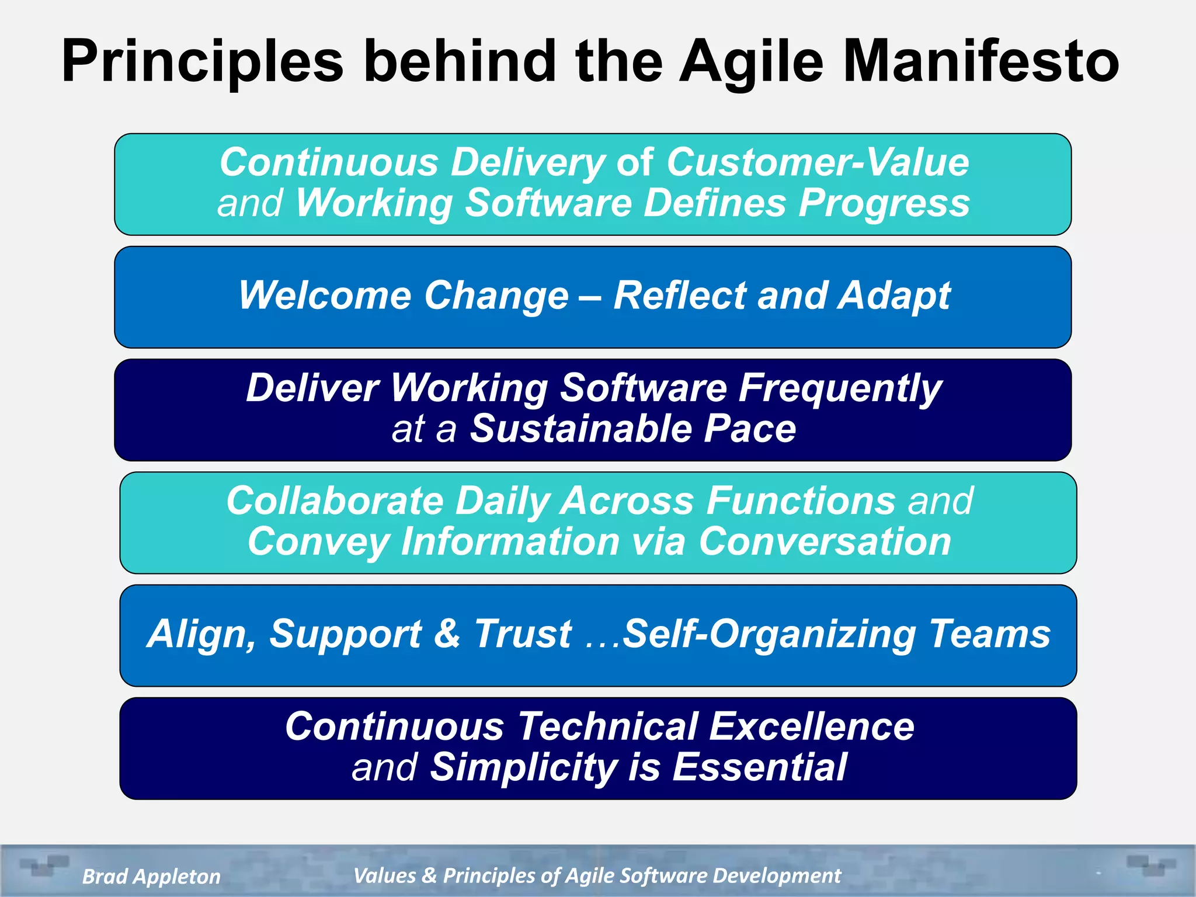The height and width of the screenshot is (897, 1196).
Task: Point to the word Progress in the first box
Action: pos(884,203)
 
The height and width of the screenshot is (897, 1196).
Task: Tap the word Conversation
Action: pos(825,541)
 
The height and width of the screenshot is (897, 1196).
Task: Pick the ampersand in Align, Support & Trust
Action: pos(447,634)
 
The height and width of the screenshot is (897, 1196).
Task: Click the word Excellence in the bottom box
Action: pos(812,726)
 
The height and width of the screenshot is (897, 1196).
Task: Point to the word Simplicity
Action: pos(523,767)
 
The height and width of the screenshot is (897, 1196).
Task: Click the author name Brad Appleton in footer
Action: pos(151,876)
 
